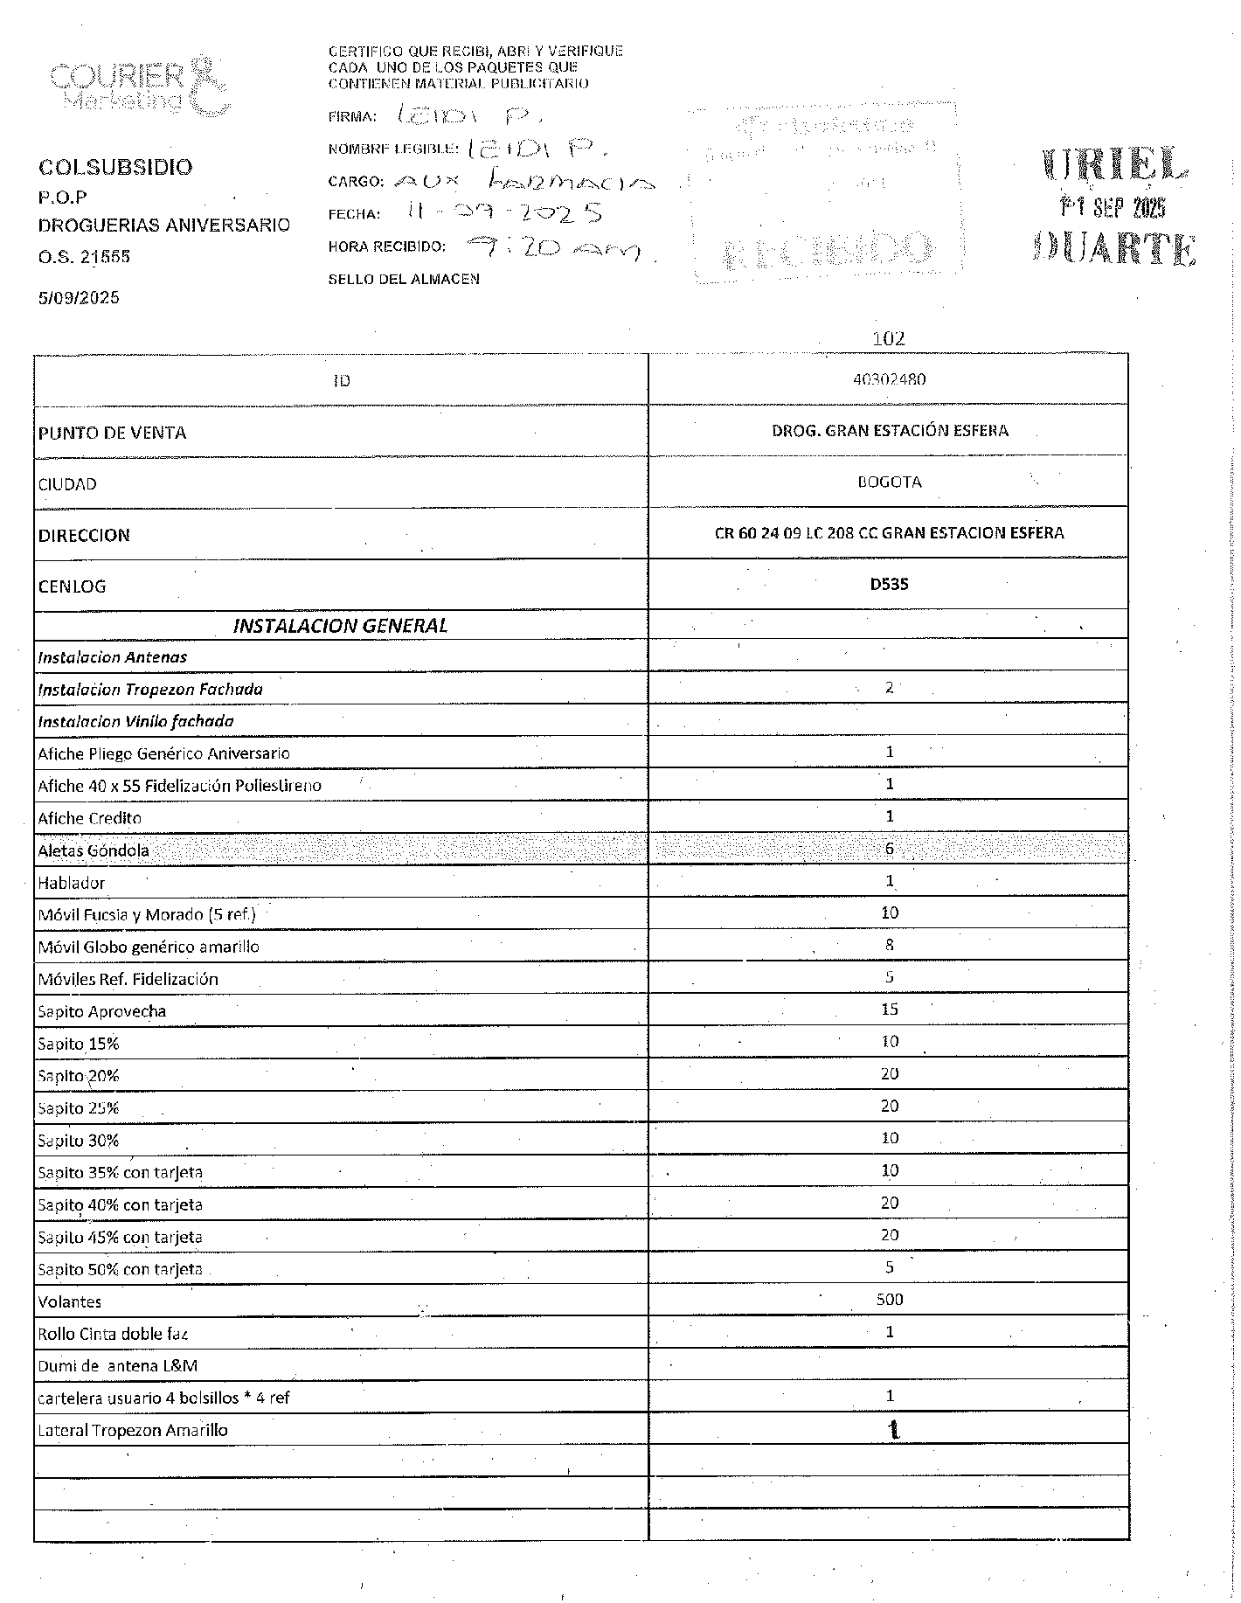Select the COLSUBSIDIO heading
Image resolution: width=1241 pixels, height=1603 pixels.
[114, 167]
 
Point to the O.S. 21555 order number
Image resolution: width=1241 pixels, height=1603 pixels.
[84, 257]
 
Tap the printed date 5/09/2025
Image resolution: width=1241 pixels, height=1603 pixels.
[79, 297]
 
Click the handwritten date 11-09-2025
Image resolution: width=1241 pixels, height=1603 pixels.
[504, 212]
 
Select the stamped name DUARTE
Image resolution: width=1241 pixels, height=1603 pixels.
[1113, 249]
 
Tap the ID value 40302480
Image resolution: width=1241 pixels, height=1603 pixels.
[889, 379]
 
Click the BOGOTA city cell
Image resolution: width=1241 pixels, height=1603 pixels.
[889, 482]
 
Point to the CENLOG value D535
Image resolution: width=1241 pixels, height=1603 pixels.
[889, 584]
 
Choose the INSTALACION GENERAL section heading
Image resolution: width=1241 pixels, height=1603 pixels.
[340, 625]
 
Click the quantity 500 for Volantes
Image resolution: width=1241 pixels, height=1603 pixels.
[889, 1300]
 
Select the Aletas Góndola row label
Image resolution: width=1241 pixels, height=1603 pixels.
[94, 850]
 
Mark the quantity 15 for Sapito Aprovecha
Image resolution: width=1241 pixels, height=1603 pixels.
[889, 1010]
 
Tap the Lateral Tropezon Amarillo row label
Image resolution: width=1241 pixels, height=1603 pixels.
[133, 1430]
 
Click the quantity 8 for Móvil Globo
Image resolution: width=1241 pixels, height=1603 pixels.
[889, 945]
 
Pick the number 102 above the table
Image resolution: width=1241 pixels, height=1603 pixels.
[889, 338]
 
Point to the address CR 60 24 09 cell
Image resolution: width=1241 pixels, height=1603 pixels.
[889, 532]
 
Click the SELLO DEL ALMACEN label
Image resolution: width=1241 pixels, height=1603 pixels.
[404, 280]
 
